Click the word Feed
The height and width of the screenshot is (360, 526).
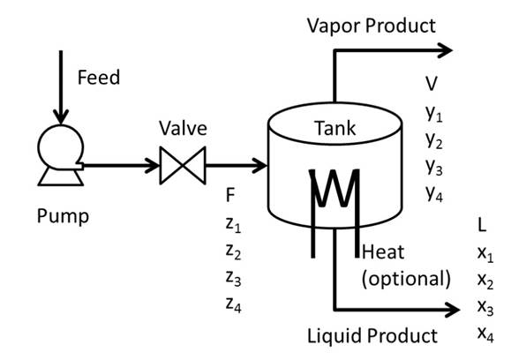click(99, 77)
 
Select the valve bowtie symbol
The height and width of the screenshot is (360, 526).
click(183, 165)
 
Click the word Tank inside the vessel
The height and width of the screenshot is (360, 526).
click(334, 128)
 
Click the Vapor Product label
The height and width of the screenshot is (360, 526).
click(372, 26)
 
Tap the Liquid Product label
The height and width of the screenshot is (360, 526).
click(372, 336)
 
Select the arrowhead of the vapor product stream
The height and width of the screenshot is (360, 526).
click(445, 50)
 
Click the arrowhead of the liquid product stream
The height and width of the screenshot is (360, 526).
click(453, 309)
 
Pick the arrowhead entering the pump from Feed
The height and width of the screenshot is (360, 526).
click(61, 116)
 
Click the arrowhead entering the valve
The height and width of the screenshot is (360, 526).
click(152, 165)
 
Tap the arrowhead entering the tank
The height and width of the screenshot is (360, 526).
click(260, 165)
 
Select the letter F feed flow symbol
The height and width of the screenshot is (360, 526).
click(230, 195)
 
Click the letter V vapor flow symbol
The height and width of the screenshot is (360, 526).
click(432, 84)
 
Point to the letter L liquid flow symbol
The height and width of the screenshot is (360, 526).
click(482, 225)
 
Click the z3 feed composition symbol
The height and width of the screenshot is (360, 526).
click(234, 278)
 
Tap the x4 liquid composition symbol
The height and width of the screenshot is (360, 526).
click(485, 334)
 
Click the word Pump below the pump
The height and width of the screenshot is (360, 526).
click(63, 216)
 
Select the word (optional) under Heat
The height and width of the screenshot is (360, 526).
click(406, 279)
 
